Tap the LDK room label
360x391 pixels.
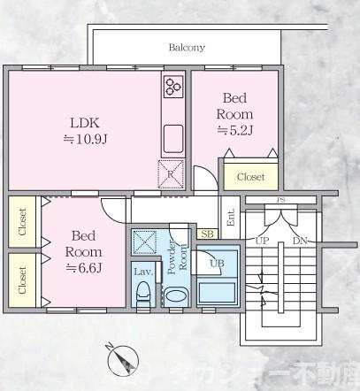point(86,122)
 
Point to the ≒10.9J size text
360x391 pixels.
point(86,140)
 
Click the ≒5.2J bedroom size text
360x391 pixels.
point(236,131)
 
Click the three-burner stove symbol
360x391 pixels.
point(172,87)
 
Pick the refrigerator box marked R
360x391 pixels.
point(170,173)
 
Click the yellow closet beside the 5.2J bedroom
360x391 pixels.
point(250,176)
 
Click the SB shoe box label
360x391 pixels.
point(207,234)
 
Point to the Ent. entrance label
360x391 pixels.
point(231,217)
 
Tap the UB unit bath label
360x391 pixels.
point(217,263)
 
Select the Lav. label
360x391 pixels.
point(142,271)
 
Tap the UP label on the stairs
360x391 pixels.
point(262,240)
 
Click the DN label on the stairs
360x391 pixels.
point(299,240)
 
